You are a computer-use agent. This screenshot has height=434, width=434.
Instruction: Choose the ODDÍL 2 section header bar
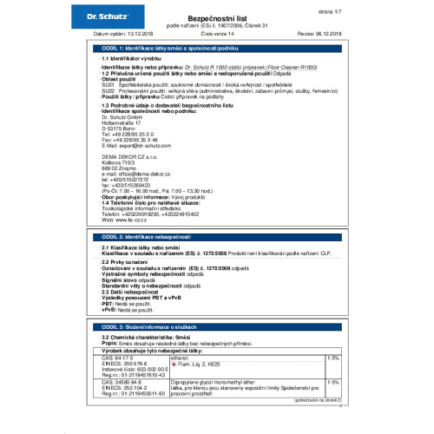(217, 236)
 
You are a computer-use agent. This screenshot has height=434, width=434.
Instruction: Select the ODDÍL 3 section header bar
(217, 325)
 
